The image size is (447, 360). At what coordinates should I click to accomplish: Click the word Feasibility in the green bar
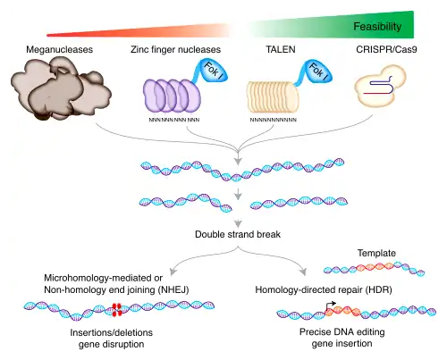coord(377,27)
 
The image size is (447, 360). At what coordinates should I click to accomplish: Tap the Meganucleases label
coord(60,49)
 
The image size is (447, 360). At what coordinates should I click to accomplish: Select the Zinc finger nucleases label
coord(175,49)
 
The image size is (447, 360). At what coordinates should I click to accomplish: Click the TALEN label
coord(281,49)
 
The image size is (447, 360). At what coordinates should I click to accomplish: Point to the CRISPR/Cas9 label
coord(386,49)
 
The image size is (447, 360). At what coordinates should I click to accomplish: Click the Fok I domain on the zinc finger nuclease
coord(214,71)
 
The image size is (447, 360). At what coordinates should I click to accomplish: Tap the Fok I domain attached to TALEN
coord(317,71)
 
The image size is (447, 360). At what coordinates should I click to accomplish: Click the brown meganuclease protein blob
coord(60,88)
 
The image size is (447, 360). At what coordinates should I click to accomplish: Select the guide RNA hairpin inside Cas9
coord(383,86)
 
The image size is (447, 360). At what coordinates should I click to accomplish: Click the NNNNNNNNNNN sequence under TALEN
coord(273,120)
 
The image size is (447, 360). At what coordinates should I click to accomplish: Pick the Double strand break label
coord(238,234)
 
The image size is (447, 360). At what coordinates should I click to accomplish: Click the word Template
coord(376,253)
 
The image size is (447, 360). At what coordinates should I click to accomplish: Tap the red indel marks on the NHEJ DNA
coord(116,310)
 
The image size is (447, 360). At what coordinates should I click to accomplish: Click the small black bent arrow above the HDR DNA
coord(329,305)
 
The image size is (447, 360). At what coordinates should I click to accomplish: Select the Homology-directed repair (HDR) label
coord(324,289)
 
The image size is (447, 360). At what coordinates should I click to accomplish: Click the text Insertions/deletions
coord(112,332)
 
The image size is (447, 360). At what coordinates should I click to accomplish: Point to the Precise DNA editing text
coord(342,332)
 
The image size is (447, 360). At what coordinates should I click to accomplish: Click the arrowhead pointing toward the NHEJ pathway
coord(173,272)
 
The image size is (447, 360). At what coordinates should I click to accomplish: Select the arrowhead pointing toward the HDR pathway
coord(303,272)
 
